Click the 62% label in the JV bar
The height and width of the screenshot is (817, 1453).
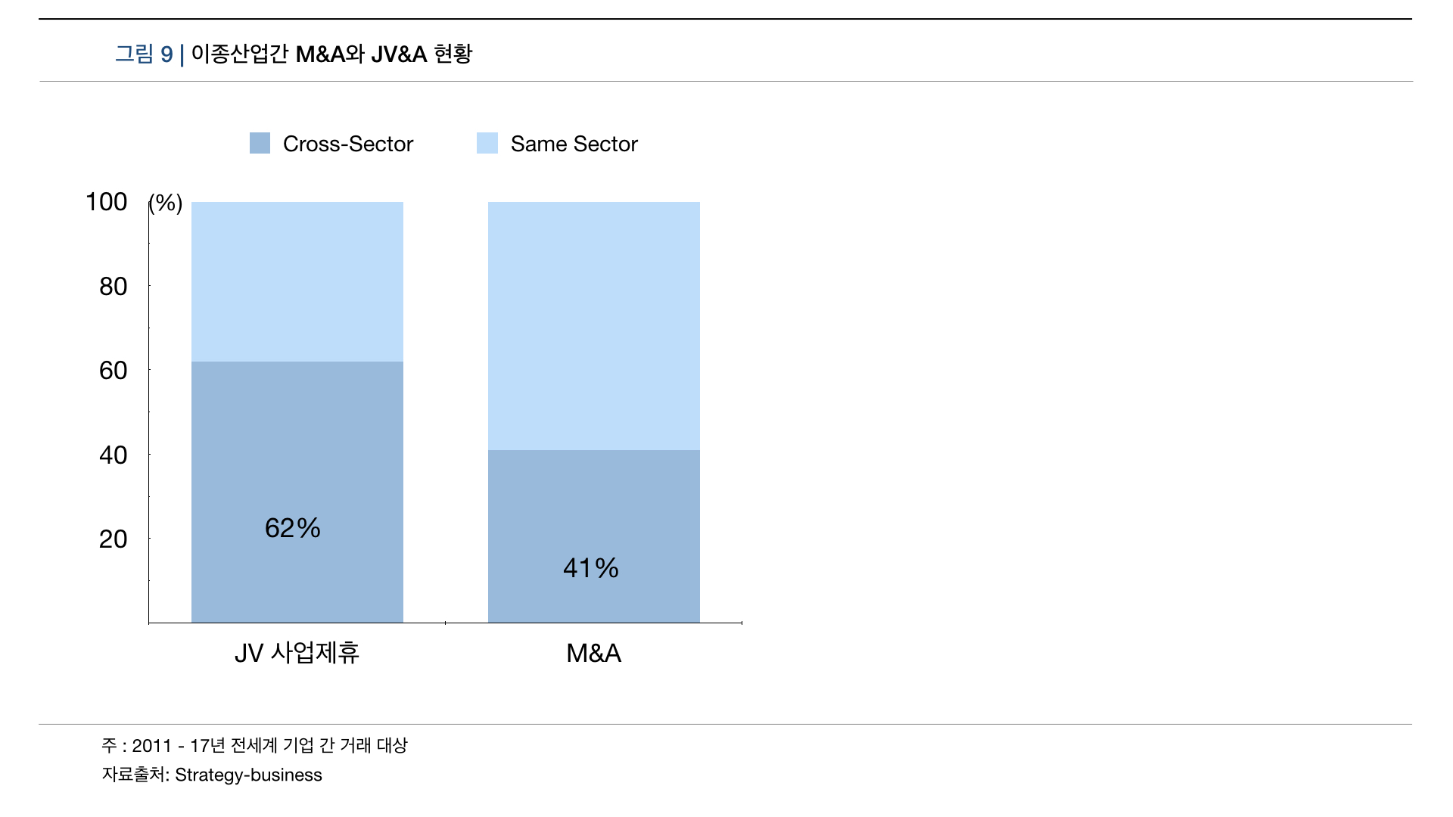coord(293,528)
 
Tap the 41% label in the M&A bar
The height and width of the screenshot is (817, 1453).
coord(591,568)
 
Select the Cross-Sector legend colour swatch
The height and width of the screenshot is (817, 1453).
coord(260,143)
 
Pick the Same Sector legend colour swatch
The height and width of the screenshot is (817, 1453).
coord(487,143)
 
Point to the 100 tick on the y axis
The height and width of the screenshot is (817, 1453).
coord(107,202)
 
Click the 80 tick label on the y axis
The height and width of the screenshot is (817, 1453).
coord(114,287)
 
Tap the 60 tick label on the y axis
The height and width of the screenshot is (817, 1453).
coord(114,371)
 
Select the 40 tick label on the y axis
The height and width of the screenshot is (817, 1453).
coord(114,455)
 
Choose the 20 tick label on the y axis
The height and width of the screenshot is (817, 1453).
coord(114,539)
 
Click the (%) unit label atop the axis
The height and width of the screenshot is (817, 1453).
coord(166,203)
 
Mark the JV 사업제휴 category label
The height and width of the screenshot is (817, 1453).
coord(297,653)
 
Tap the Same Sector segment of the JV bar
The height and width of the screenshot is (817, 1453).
coord(297,281)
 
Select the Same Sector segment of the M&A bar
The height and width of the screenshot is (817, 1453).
coord(594,325)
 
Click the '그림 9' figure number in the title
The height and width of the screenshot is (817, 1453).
coord(144,54)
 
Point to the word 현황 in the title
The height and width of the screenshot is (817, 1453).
coord(453,54)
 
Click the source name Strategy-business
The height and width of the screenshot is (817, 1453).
coord(248,775)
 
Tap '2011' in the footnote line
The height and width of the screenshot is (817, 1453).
coord(152,746)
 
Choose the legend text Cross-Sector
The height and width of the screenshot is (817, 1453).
coord(348,144)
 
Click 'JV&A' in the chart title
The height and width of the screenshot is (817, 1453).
coord(399,54)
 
